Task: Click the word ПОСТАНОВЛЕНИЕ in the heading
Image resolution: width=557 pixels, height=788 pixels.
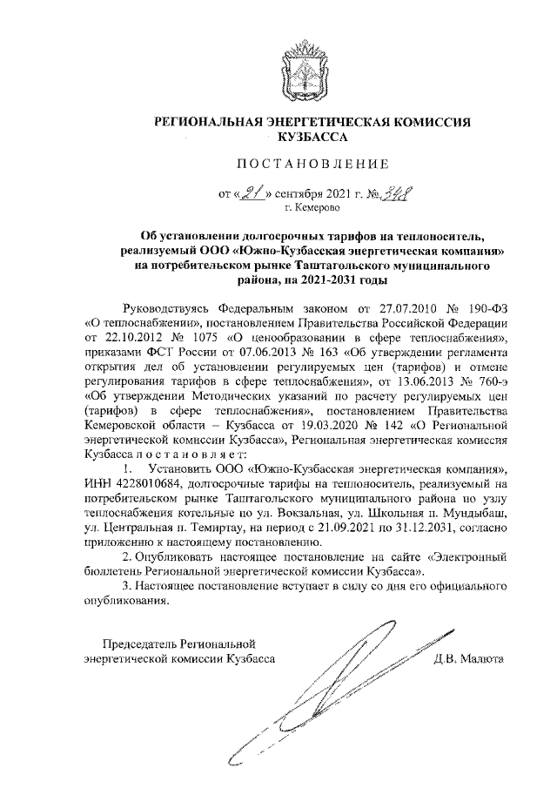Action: [x=312, y=163]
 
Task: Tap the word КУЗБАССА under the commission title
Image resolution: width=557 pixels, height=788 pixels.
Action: [x=312, y=137]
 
